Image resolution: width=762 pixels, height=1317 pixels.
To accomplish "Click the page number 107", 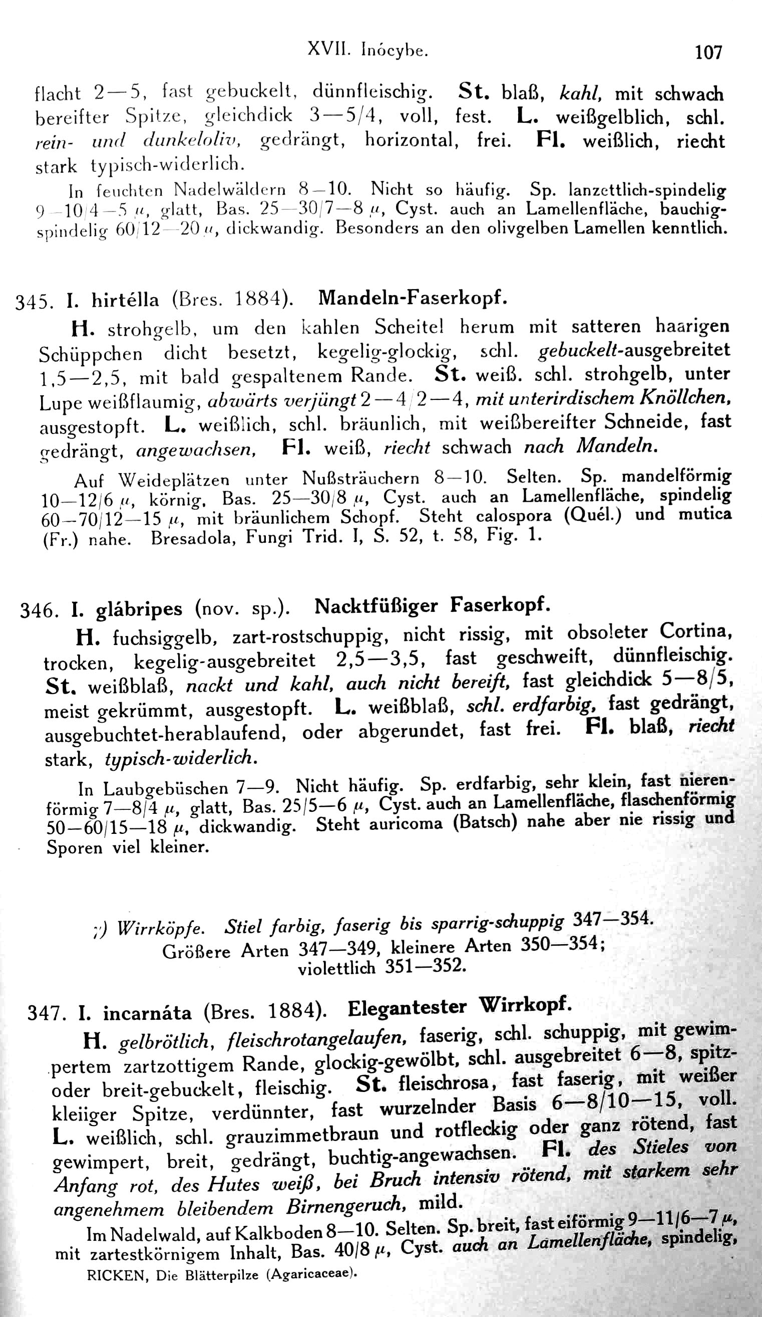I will (708, 52).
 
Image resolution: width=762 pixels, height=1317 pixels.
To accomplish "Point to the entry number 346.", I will (37, 610).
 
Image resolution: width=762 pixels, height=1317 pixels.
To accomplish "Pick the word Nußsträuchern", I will (360, 479).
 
